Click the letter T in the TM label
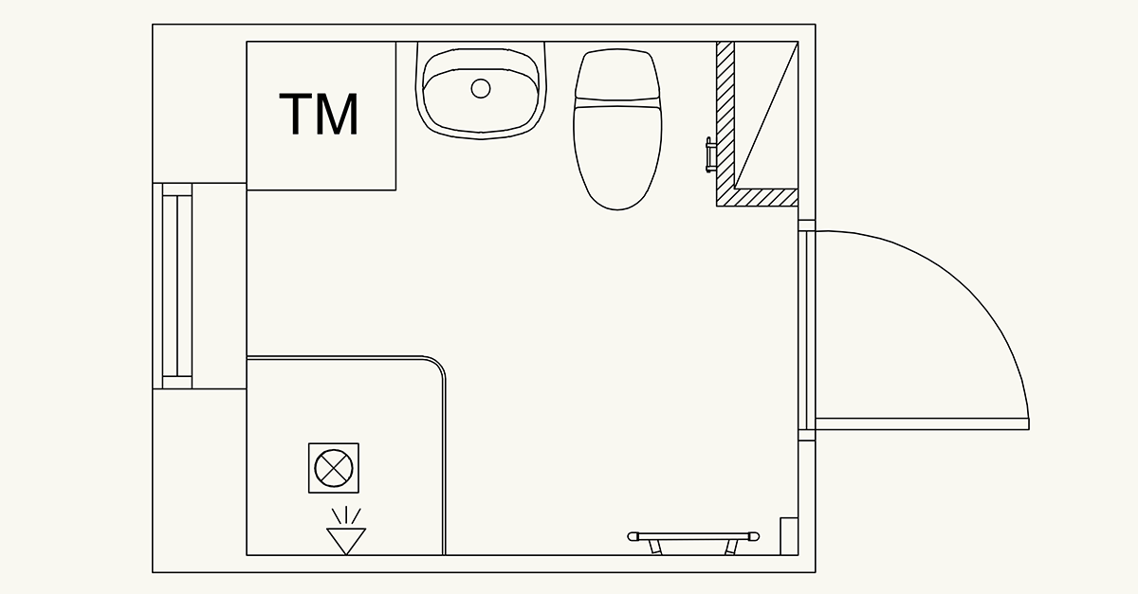pyautogui.click(x=295, y=115)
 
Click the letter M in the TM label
pyautogui.click(x=339, y=115)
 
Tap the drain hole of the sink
pyautogui.click(x=481, y=89)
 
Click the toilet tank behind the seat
pyautogui.click(x=617, y=74)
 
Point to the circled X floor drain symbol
pyautogui.click(x=334, y=468)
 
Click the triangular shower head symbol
pyautogui.click(x=346, y=541)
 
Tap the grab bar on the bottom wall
pyautogui.click(x=693, y=537)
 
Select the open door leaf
pyautogui.click(x=922, y=423)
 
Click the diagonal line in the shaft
pyautogui.click(x=766, y=116)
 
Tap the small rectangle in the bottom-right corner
pyautogui.click(x=789, y=536)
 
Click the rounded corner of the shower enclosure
pyautogui.click(x=438, y=365)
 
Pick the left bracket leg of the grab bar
pyautogui.click(x=655, y=548)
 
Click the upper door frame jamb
pyautogui.click(x=807, y=225)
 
